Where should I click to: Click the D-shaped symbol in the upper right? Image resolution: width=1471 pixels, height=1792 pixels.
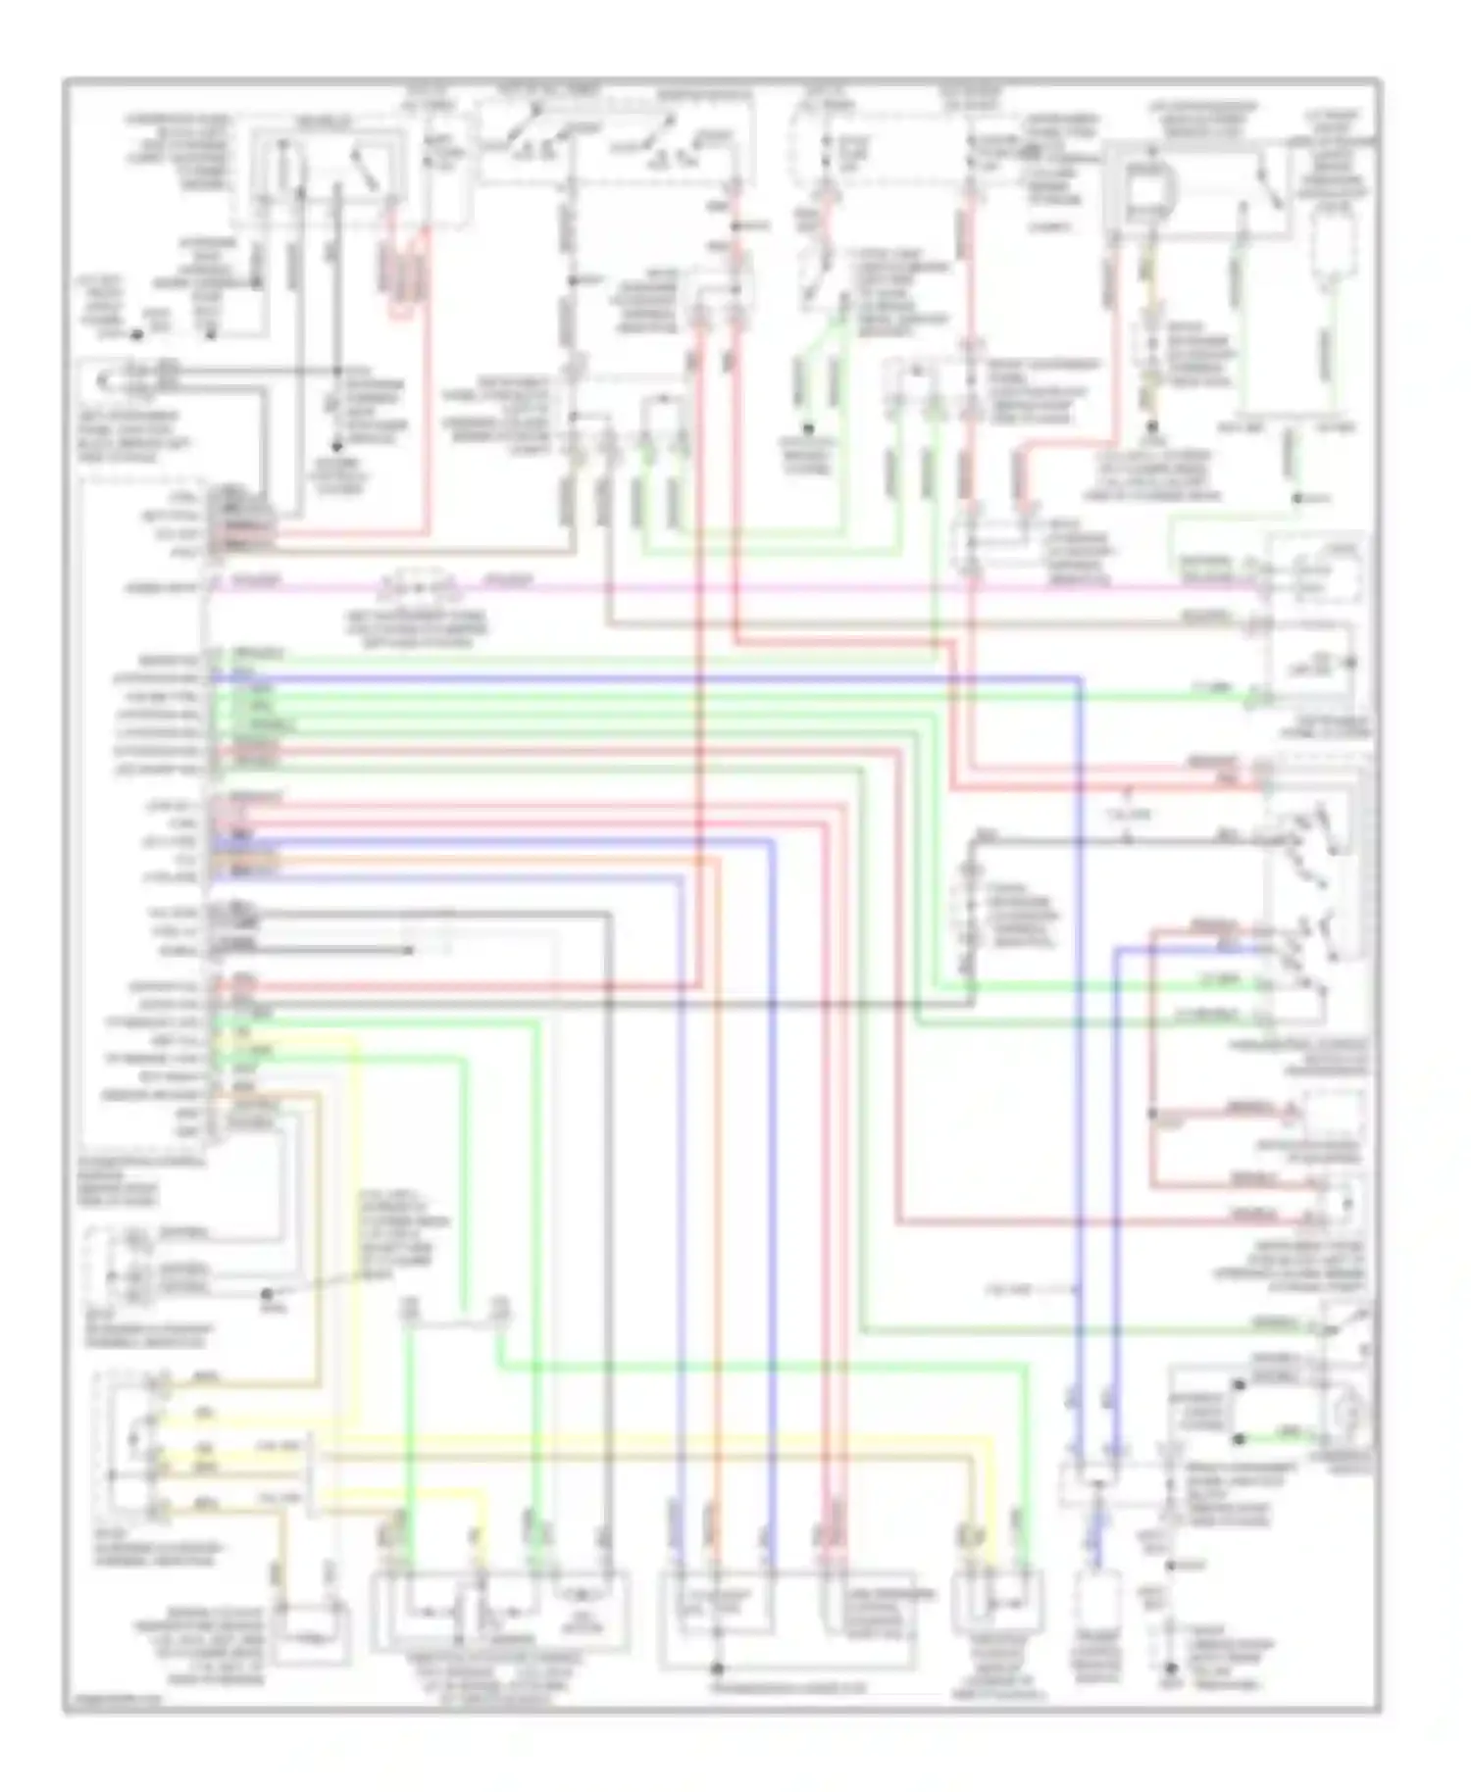1143,186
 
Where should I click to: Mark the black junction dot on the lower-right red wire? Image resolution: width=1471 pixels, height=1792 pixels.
1153,1114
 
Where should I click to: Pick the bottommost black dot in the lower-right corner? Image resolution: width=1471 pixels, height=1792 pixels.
1169,1667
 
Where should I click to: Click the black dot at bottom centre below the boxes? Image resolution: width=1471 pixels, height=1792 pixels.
717,1668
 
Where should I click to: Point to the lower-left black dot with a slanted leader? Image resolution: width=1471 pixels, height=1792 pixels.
266,1293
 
